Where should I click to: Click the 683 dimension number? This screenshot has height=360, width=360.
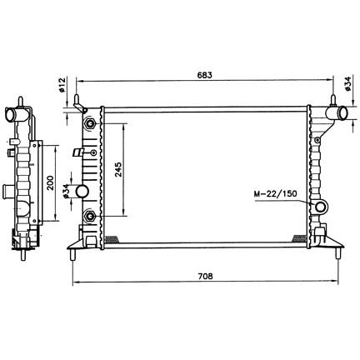204,75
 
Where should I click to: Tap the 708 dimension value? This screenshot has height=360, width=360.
205,276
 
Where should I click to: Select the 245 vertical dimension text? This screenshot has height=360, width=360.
117,170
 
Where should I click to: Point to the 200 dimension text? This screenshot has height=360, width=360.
50,182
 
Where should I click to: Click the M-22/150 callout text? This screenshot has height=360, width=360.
276,193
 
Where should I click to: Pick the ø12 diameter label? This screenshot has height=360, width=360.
62,85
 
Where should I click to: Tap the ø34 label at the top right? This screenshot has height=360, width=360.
348,83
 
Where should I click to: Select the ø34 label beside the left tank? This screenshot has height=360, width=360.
66,191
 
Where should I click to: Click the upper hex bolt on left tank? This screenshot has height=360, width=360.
90,123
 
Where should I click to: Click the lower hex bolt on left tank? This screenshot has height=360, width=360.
90,216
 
